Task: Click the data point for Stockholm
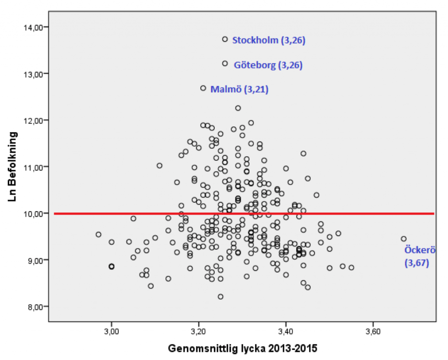225,39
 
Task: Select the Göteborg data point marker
225,64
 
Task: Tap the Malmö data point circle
203,88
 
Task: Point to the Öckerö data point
403,239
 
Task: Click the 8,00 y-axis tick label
34,307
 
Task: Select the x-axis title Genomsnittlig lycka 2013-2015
242,349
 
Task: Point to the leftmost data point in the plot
98,234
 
